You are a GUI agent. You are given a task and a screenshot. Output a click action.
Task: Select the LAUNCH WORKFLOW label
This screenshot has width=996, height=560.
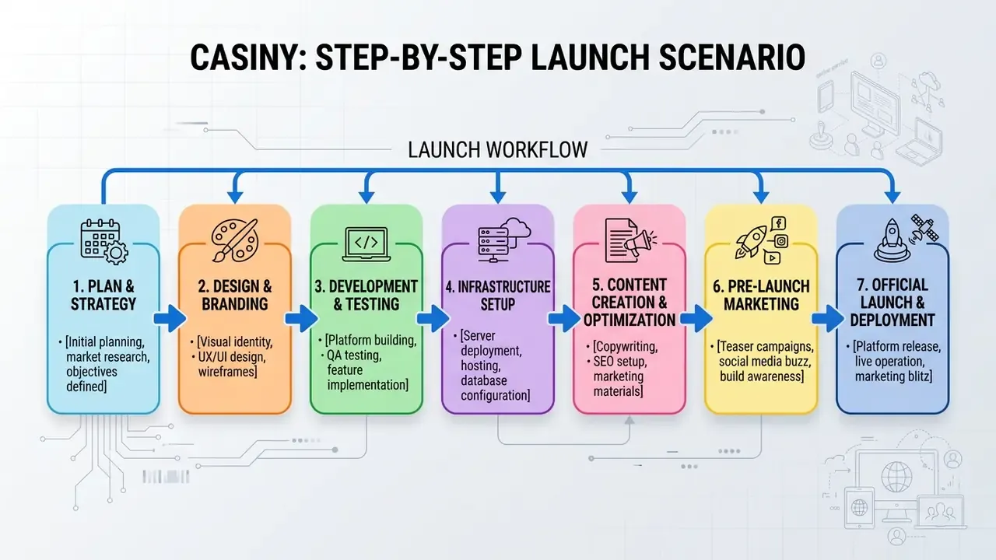click(x=497, y=150)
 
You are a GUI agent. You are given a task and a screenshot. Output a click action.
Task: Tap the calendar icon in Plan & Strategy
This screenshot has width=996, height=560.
click(x=104, y=241)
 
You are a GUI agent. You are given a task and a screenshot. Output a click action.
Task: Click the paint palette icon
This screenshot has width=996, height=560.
click(x=235, y=240)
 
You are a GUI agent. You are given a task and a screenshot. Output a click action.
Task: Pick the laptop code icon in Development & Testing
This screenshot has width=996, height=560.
click(x=366, y=243)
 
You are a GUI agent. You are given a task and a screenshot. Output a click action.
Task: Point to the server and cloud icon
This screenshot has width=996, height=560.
click(x=503, y=240)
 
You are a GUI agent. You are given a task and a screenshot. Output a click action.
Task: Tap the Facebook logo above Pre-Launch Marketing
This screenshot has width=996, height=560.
click(x=778, y=223)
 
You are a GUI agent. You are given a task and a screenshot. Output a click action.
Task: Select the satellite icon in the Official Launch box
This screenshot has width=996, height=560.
click(x=924, y=229)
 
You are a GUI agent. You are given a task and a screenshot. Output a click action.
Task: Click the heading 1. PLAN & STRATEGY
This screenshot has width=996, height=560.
click(x=103, y=295)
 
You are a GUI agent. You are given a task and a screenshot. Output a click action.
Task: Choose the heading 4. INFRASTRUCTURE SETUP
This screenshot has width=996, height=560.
click(x=497, y=296)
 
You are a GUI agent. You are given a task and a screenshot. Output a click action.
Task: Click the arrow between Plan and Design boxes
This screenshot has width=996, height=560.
click(x=170, y=318)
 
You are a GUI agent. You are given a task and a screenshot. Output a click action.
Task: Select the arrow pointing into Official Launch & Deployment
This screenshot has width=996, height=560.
click(x=827, y=318)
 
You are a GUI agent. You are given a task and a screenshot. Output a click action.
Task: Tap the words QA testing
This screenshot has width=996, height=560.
click(x=354, y=355)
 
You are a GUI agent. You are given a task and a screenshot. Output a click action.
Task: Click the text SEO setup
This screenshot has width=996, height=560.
click(x=620, y=362)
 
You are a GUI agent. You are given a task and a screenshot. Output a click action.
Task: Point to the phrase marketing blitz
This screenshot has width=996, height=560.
click(x=893, y=376)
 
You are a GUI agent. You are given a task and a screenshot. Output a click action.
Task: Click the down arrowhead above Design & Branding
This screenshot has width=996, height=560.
click(x=235, y=197)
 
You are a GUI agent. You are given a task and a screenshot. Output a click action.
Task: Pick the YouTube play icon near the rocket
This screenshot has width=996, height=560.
click(x=772, y=257)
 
